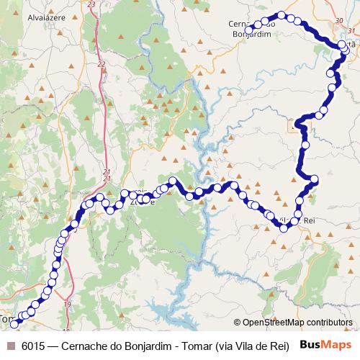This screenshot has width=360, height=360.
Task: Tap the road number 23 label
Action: pos(90,4)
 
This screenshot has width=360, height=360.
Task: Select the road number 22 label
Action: pos(101,64)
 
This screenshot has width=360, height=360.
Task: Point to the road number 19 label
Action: pos(68,306)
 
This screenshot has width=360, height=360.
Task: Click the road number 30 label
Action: pos(340,21)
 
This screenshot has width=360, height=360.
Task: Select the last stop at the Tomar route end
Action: pos(14,325)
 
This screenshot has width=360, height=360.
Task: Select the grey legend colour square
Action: pos(10,345)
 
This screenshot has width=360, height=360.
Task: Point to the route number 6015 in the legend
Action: pos(34,345)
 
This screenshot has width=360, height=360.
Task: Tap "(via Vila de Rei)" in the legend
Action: pos(250,345)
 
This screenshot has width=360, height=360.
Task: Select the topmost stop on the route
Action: pos(282,15)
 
